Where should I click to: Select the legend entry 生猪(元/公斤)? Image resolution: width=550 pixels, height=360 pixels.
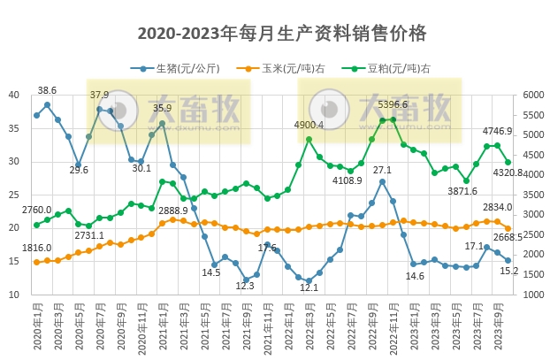click(x=181, y=68)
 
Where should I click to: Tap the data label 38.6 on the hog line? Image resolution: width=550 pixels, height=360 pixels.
click(x=47, y=90)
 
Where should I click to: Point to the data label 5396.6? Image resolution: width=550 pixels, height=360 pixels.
click(x=393, y=104)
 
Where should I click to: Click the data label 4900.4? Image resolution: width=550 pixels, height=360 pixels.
click(x=309, y=125)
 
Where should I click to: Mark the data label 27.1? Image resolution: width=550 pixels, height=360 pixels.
click(x=382, y=170)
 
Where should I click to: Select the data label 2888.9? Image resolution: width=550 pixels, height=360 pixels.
click(x=172, y=211)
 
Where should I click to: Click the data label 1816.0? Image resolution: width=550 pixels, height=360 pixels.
click(x=37, y=248)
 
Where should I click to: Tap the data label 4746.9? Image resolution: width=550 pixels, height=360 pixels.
click(x=497, y=131)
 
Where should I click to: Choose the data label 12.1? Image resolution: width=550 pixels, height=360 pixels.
click(x=309, y=287)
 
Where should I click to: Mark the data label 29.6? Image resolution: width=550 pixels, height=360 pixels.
click(x=79, y=170)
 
